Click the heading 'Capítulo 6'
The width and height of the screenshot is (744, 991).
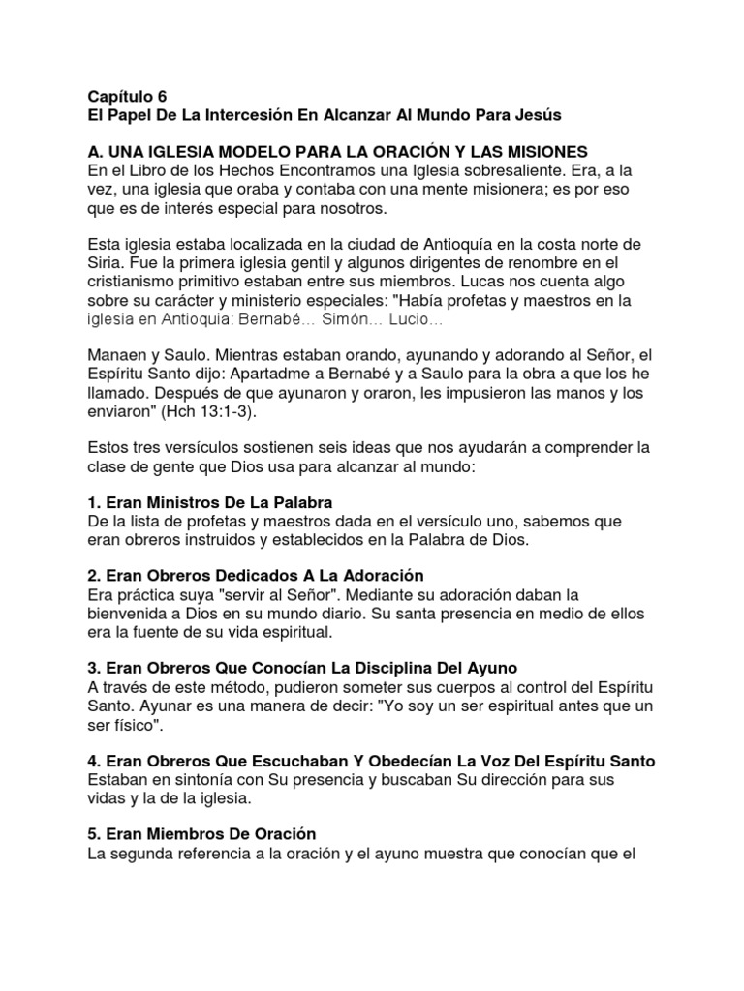point(127,96)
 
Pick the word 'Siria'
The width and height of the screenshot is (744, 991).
point(105,263)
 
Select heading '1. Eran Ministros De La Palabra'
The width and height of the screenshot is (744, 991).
point(210,503)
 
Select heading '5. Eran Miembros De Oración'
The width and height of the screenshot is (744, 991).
point(201,834)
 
